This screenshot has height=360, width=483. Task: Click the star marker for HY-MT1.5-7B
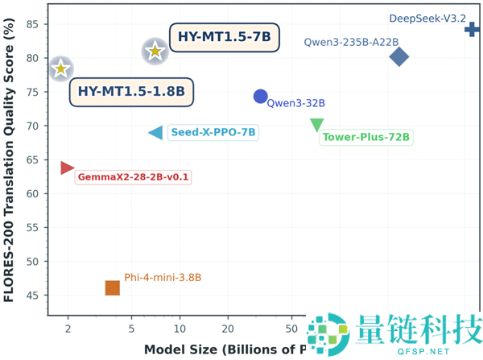155,52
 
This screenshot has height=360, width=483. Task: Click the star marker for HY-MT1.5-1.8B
60,68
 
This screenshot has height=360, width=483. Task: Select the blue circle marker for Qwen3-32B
260,97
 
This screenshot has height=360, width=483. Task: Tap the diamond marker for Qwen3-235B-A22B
398,56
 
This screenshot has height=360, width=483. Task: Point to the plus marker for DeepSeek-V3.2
472,30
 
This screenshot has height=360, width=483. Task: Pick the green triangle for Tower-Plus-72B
317,125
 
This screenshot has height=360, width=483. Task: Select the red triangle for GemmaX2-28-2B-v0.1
67,168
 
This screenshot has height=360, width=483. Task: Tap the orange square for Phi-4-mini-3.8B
113,288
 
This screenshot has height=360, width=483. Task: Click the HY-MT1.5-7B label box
225,37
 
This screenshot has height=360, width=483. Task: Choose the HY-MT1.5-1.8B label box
132,92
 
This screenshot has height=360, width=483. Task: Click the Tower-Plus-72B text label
366,138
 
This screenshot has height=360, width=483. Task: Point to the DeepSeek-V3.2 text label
427,18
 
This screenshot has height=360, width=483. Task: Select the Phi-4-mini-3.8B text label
163,278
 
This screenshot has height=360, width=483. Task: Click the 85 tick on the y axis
32,24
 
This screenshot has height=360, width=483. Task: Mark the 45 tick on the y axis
32,296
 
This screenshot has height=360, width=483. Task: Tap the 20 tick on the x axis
229,329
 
